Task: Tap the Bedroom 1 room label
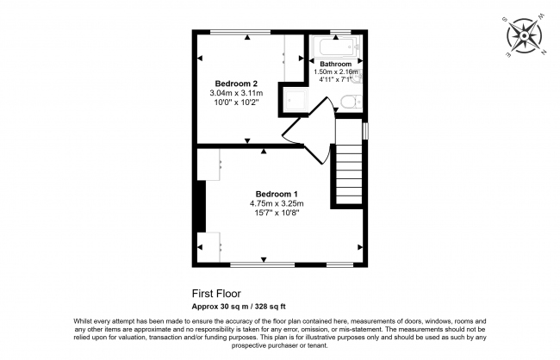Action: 277,193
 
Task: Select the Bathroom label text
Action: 335,65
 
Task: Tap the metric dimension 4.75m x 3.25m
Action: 277,202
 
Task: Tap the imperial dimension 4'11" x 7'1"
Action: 335,80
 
